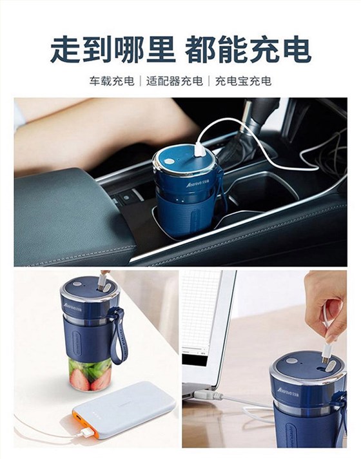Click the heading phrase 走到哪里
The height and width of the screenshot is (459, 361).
point(113,49)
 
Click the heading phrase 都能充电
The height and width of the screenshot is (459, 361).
point(248,49)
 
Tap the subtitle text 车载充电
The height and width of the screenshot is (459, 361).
point(112,81)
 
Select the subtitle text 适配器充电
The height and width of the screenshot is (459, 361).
point(174,81)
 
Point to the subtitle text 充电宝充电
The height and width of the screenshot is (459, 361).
point(243,81)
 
